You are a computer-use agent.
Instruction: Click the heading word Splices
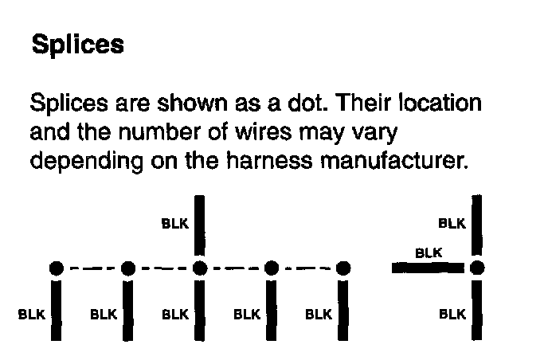[77, 44]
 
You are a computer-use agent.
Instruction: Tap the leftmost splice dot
[56, 268]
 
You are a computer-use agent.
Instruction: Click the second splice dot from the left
[127, 268]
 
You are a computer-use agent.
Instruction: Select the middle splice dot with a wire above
[199, 268]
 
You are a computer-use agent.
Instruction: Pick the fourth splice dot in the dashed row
[272, 268]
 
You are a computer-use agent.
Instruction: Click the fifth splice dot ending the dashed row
[343, 268]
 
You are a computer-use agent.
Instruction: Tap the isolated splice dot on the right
[477, 268]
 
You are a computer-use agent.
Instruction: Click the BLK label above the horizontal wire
[429, 253]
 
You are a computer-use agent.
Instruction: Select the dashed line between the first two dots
[92, 268]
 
